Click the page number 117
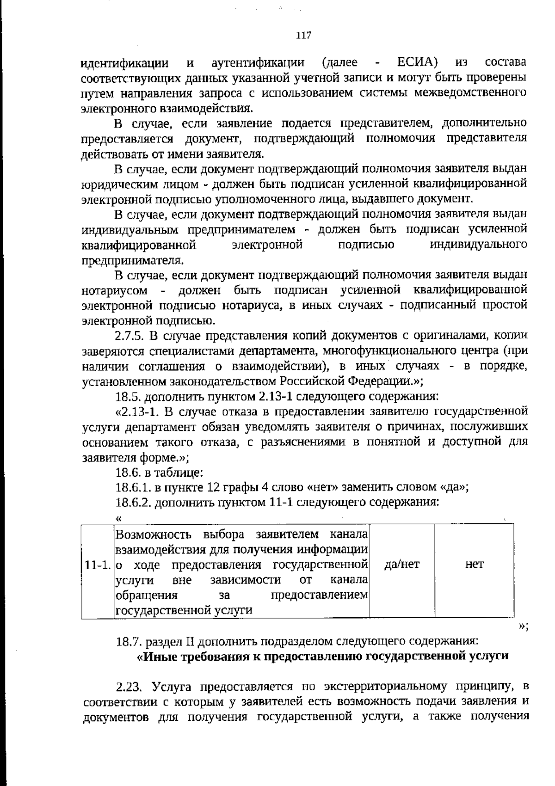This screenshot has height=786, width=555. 303,36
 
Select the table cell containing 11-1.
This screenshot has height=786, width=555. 97,565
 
